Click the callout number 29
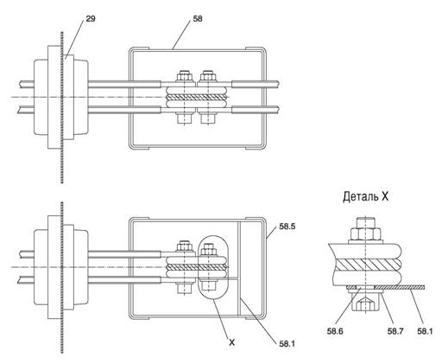[91, 19]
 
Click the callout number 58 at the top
[198, 19]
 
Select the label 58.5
[287, 227]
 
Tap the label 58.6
[335, 331]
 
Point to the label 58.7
[395, 331]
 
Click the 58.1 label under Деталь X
[425, 331]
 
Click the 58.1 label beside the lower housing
[287, 344]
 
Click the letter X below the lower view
[231, 342]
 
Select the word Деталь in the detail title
[361, 196]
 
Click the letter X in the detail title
[385, 197]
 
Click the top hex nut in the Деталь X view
[365, 233]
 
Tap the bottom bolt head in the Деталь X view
[365, 303]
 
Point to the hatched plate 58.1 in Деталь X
[399, 287]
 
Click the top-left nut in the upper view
[184, 77]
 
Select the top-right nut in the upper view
[208, 77]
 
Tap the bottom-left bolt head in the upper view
[184, 119]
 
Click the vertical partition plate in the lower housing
[239, 268]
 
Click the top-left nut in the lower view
[184, 246]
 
